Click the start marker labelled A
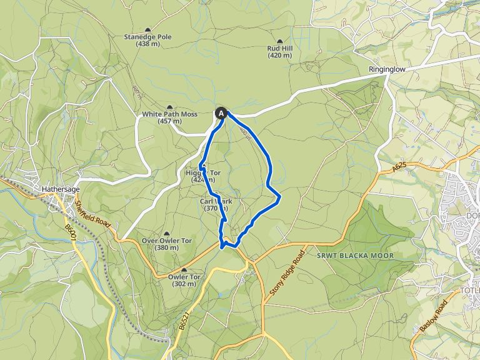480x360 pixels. pos(221,113)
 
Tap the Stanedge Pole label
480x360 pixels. pos(147,41)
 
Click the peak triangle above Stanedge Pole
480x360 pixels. pos(147,30)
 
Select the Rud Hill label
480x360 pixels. pos(279,51)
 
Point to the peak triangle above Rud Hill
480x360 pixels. pos(279,41)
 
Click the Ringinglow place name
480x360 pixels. pos(387,69)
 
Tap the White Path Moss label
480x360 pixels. pos(169,117)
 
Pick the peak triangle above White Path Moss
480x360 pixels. pos(169,107)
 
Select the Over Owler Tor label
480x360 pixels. pos(166,244)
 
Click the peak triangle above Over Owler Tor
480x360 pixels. pos(166,233)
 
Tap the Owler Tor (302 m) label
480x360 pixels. pos(184,280)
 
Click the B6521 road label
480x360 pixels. pos(182,322)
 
